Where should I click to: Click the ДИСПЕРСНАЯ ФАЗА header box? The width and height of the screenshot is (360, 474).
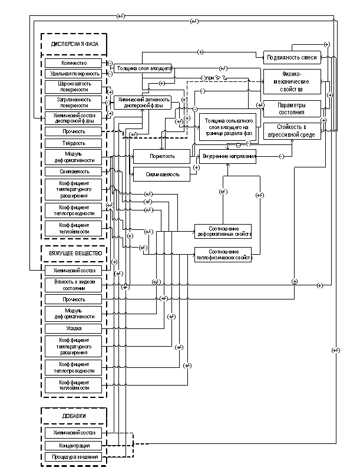74,44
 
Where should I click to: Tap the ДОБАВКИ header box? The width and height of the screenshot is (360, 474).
74,416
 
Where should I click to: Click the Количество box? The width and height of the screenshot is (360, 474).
74,63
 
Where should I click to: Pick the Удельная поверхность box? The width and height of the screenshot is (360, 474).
74,74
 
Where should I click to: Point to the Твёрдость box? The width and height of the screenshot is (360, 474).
74,143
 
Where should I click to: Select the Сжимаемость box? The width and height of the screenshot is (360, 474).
74,172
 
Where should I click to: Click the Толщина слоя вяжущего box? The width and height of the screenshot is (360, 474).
142,68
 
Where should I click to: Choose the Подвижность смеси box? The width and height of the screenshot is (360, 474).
292,57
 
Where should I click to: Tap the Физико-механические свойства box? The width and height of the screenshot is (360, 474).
292,82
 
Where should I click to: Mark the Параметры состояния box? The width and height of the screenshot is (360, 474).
292,108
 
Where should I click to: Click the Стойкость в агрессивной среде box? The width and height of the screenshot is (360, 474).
292,131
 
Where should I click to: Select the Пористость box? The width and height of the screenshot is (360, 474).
162,157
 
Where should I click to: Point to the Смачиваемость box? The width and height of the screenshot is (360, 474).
162,174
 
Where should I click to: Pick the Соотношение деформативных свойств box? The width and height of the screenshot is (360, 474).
223,231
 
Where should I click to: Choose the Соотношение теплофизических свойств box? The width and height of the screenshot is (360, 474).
223,255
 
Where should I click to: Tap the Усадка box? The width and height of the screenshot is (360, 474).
74,328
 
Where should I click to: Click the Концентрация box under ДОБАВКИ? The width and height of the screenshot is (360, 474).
74,445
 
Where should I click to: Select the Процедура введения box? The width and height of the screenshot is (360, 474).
74,457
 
